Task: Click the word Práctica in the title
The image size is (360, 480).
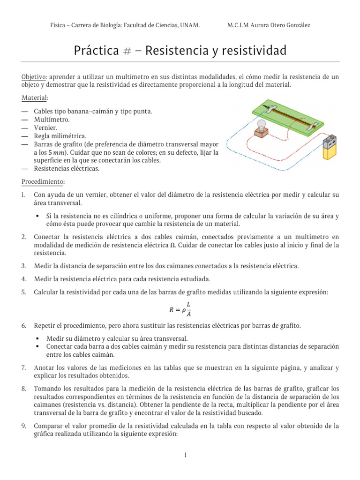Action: (96, 51)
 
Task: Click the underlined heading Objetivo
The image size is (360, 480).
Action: (34, 76)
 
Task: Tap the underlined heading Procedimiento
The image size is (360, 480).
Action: (44, 181)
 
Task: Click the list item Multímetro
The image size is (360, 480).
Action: (52, 120)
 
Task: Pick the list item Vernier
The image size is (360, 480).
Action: (45, 127)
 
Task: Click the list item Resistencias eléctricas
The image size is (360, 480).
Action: (67, 169)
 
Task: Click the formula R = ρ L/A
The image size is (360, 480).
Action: (180, 309)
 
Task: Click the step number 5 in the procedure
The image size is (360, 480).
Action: (23, 292)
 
